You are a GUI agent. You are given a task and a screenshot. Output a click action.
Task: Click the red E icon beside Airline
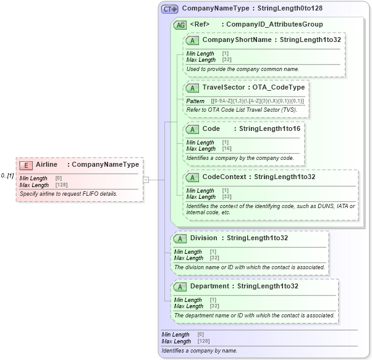tap(26, 165)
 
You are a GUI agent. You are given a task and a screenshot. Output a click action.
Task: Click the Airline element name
tap(46, 165)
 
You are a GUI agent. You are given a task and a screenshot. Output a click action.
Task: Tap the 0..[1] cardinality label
tap(7, 176)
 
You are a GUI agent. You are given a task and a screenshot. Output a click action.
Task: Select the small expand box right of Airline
tap(146, 180)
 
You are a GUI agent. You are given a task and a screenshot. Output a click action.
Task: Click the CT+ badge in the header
tap(169, 9)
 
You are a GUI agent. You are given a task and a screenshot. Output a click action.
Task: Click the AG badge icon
tap(180, 25)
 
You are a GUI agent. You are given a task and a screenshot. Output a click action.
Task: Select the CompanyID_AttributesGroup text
tap(274, 25)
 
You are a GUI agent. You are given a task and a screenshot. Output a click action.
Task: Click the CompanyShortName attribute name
tap(237, 40)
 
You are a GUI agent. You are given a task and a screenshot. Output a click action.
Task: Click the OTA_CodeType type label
tap(278, 88)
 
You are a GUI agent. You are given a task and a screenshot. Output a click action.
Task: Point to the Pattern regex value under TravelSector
tap(257, 101)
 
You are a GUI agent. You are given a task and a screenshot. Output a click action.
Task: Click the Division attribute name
tap(203, 238)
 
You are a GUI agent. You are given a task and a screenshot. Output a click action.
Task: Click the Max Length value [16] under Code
tap(227, 149)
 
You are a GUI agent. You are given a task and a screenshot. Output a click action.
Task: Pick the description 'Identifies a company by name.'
tap(199, 351)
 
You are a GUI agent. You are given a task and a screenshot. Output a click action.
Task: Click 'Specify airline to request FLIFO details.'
tap(68, 194)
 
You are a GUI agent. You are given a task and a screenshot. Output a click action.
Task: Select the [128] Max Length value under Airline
tap(61, 185)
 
